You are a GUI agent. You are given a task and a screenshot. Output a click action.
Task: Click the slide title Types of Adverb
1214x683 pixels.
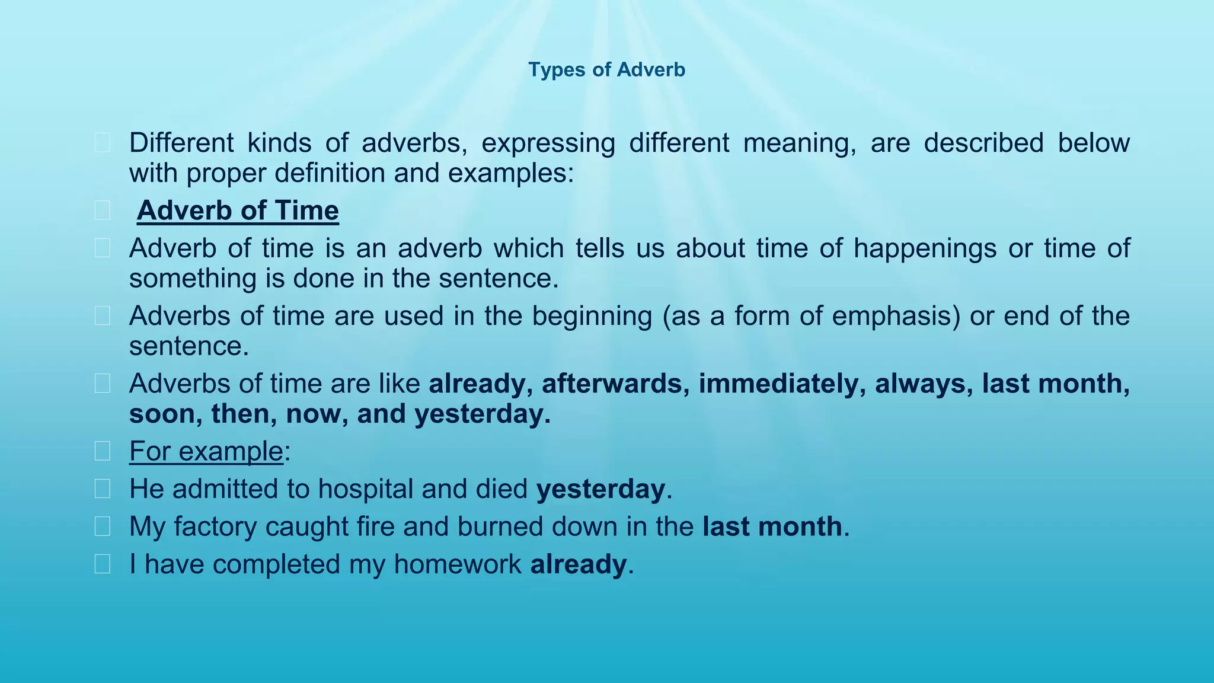(606, 70)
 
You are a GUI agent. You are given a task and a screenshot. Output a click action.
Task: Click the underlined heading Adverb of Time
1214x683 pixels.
(238, 211)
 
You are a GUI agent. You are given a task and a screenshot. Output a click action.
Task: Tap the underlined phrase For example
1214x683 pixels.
(206, 451)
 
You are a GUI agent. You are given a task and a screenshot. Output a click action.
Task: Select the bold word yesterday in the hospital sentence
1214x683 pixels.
(600, 489)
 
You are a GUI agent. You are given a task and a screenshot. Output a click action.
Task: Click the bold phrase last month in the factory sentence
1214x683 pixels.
(772, 526)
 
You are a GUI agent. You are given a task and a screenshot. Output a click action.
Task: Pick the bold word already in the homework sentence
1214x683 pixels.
(578, 564)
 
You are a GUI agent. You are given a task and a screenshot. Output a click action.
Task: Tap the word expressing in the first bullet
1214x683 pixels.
(548, 143)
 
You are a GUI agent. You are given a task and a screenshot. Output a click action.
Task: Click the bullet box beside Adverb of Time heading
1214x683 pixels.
(102, 210)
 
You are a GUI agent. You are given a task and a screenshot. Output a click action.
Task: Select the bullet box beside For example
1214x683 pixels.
(102, 451)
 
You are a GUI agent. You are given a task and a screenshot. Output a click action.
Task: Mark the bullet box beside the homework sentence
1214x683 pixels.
(102, 564)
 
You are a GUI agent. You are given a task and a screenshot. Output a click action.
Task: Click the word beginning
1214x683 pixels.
(592, 316)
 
